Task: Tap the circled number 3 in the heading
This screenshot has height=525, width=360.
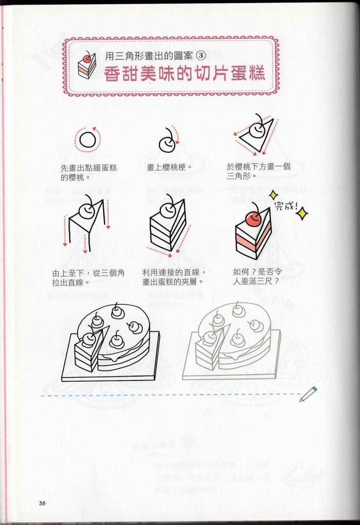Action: pos(200,56)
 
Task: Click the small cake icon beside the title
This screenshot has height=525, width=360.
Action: pos(86,65)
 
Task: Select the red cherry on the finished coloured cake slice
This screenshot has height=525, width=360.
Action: pos(253,218)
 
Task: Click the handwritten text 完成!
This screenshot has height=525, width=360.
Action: pos(286,206)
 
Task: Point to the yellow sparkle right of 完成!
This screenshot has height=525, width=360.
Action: pos(302,213)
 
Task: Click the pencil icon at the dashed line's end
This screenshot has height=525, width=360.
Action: pos(308,394)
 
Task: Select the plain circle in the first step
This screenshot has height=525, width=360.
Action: pos(88,140)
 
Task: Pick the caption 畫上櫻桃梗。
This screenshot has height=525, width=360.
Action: pos(170,167)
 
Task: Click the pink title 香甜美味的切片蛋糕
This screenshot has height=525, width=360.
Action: pos(184,74)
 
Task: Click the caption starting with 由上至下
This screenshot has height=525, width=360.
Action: pos(88,278)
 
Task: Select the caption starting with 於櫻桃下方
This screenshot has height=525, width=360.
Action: pos(258,171)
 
